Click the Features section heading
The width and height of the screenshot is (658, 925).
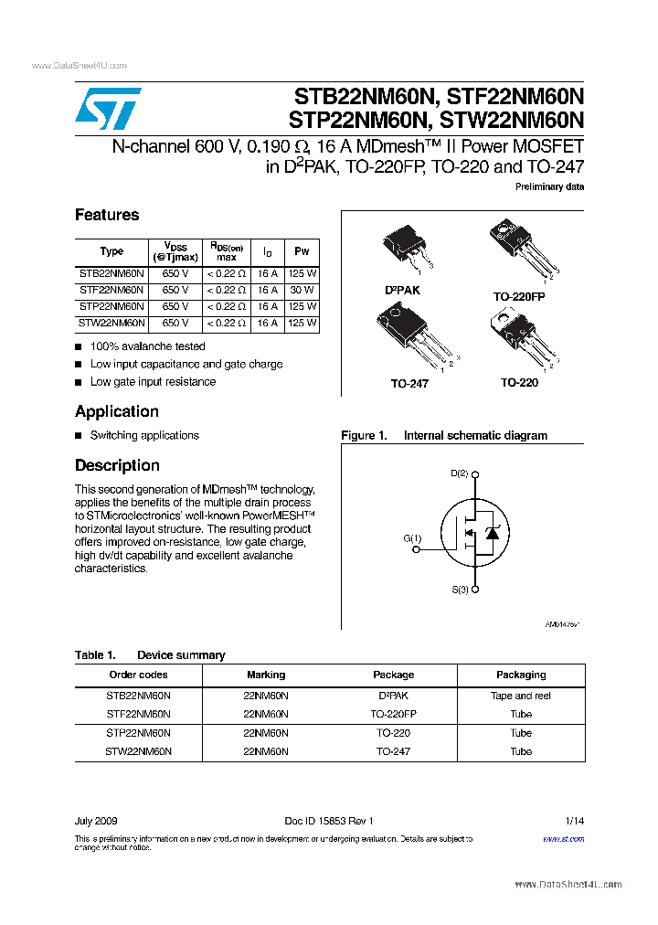pos(107,215)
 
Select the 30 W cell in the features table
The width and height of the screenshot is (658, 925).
pos(302,290)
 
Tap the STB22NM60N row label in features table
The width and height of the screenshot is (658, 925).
pos(111,273)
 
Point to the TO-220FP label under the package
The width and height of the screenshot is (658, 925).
pos(519,297)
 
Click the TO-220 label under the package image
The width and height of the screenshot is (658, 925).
pos(519,382)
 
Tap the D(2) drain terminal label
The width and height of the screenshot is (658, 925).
pos(460,473)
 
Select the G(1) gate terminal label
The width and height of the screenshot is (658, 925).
pos(413,538)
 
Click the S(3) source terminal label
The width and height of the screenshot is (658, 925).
pos(460,590)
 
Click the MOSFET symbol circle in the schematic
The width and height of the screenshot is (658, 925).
pos(473,533)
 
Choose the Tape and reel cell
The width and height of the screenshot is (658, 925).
pos(521,696)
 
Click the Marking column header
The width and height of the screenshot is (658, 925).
pos(266,675)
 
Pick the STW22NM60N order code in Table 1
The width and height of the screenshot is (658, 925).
pos(139,751)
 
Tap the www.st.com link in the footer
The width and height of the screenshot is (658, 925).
pos(563,838)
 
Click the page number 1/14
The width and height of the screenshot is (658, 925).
pos(574,821)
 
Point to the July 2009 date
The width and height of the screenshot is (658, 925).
pos(96,821)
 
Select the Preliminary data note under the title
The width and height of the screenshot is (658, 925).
pos(549,186)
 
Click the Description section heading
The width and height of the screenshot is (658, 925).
pos(117,465)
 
